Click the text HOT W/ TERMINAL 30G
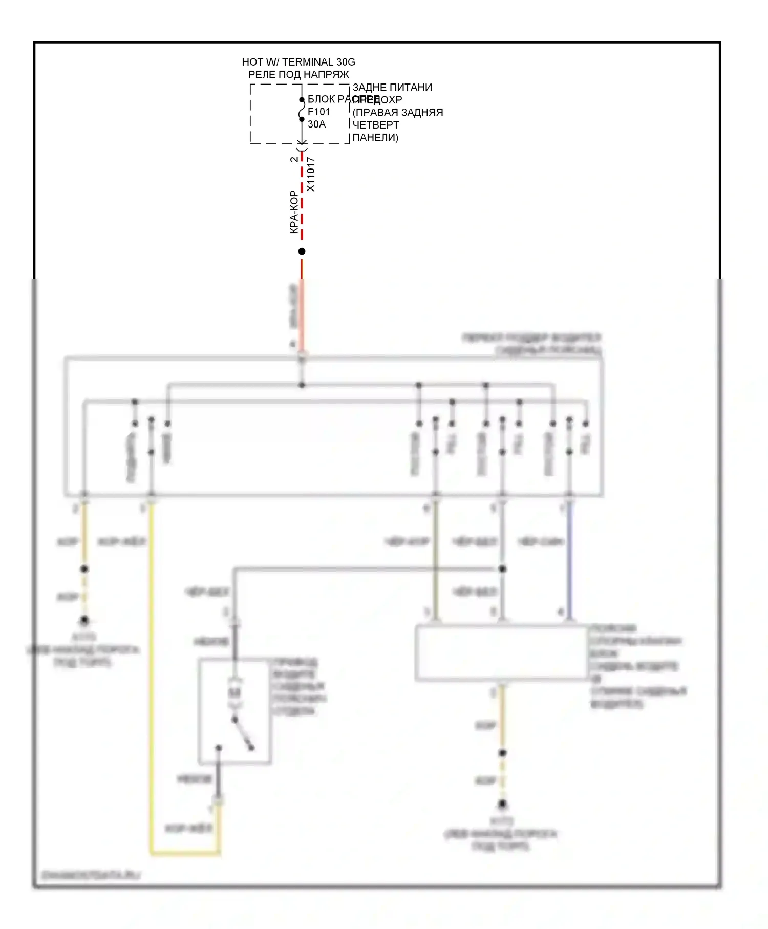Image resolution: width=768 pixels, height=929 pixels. [298, 62]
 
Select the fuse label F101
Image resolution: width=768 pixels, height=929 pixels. [318, 112]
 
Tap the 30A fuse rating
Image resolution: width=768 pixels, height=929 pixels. [316, 124]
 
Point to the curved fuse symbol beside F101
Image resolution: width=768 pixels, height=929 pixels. [302, 110]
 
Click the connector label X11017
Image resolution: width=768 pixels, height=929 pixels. [311, 175]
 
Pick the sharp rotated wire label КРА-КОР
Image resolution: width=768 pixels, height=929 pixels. [294, 212]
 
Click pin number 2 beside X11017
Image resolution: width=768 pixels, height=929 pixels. [294, 159]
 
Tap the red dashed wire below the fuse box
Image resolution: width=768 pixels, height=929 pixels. [302, 205]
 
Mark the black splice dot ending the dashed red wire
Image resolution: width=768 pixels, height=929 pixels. [302, 251]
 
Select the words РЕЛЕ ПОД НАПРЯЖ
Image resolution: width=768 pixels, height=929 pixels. [298, 75]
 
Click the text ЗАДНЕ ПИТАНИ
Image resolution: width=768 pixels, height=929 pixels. [392, 88]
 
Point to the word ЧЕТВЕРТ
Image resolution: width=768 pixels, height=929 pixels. [375, 125]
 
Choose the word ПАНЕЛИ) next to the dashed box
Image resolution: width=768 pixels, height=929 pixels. [375, 137]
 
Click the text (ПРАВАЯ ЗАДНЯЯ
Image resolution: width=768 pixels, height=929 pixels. [398, 113]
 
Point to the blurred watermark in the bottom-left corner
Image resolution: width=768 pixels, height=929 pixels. [91, 875]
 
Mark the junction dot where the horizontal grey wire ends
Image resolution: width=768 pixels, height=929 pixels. [502, 569]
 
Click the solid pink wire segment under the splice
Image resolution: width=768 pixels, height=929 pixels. [302, 312]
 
